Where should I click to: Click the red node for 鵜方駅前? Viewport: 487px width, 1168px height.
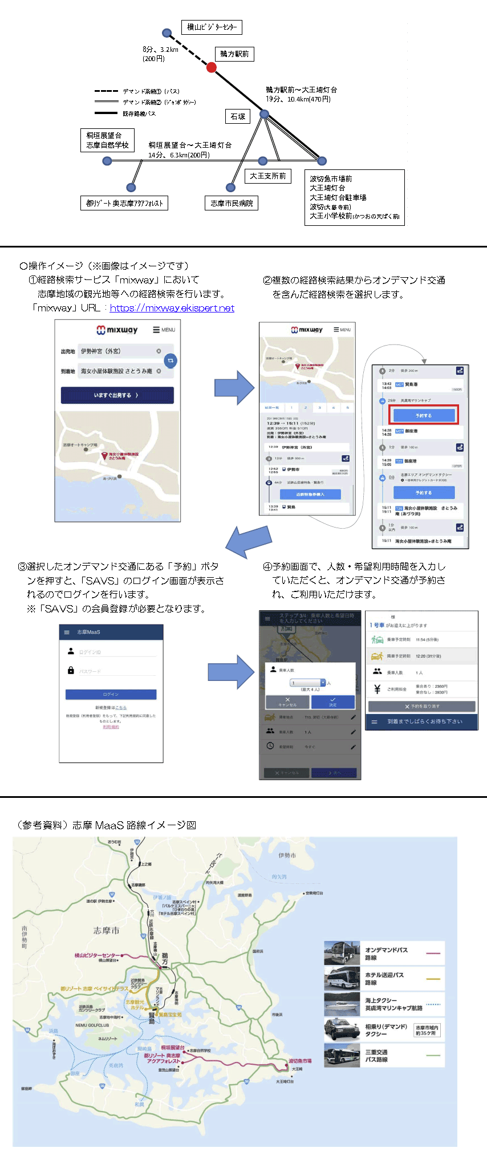coord(211,68)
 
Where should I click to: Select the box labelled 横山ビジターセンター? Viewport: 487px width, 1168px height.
coord(212,27)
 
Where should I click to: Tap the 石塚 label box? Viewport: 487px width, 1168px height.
coord(238,116)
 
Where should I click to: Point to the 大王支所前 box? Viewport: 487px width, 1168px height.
coord(267,176)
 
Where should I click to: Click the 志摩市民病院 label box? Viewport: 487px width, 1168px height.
coord(232,203)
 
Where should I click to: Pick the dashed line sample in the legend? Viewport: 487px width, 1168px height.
coord(106,91)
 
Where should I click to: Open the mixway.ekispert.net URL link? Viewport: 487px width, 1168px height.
coord(172,308)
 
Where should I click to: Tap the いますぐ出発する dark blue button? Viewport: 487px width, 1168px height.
coord(117,395)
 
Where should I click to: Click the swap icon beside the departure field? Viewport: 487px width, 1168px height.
coord(170,360)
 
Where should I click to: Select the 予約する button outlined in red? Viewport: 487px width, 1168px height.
coord(424,415)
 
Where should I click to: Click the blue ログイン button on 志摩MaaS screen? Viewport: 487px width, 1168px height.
coord(111,694)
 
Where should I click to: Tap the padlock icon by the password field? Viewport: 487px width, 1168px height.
coord(71,671)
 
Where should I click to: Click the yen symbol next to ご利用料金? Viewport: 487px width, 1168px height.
coord(377,690)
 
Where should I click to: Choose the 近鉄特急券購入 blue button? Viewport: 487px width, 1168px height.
coord(310,494)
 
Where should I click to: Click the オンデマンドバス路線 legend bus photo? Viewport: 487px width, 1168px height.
coord(342,953)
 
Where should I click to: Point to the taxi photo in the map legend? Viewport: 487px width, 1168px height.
coord(342,1030)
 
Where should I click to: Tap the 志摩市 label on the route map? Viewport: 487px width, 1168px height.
coord(107,931)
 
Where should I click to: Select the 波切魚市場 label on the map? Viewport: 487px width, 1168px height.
coord(300,1061)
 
